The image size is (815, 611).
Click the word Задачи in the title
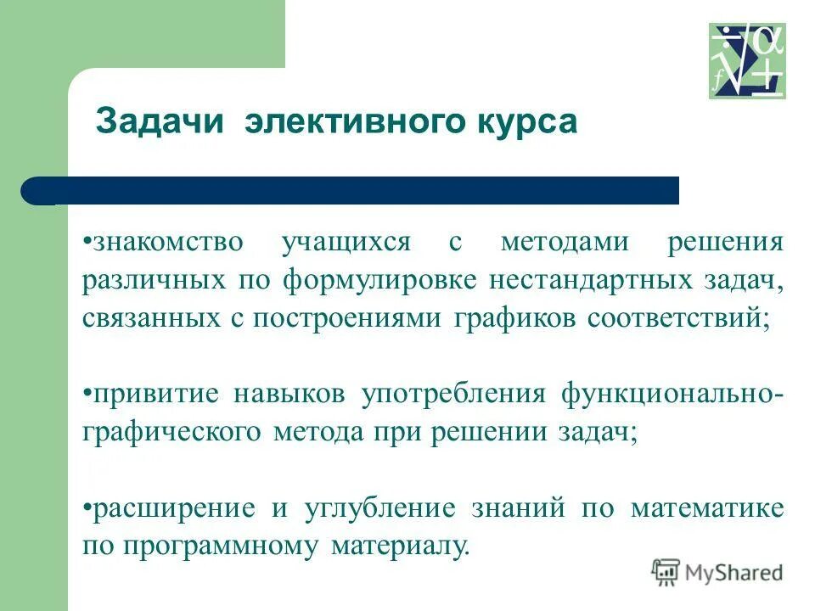click(x=160, y=121)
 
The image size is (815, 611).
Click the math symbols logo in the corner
click(x=747, y=61)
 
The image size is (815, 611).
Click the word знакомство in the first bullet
click(x=167, y=242)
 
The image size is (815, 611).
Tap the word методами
click(x=554, y=242)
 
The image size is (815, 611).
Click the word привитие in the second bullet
click(x=156, y=395)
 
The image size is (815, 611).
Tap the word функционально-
click(x=672, y=395)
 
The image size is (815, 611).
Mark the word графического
click(x=173, y=433)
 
